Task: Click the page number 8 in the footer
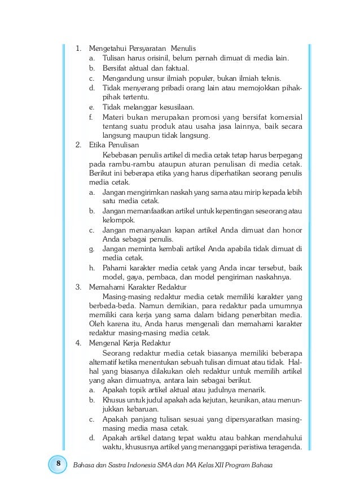57,464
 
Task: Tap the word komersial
283,116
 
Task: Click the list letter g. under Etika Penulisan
92,248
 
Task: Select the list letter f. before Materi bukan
91,116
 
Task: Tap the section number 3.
78,287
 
